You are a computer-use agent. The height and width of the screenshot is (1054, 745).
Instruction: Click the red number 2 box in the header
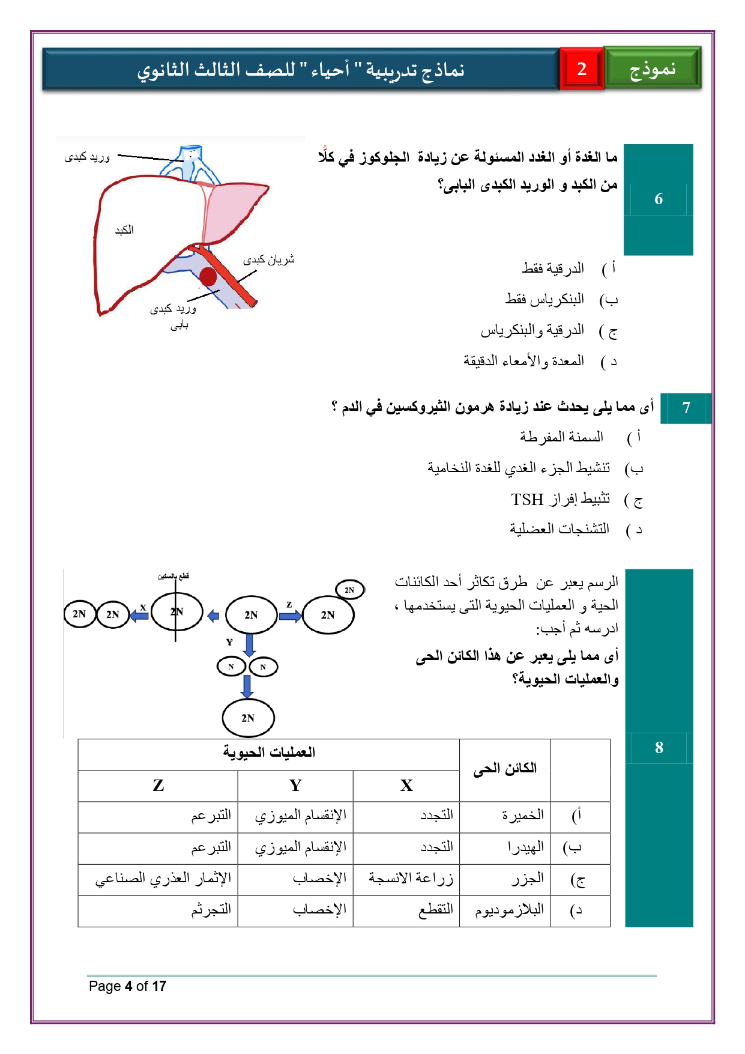581,69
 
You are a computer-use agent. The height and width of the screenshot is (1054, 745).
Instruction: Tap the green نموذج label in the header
653,69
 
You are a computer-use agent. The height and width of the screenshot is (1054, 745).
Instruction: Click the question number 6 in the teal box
659,199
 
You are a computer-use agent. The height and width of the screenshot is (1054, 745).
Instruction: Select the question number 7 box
686,408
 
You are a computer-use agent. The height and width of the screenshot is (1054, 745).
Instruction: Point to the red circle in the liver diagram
208,277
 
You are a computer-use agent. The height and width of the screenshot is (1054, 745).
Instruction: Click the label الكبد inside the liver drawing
124,230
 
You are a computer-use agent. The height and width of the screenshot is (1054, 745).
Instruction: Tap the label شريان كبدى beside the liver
269,259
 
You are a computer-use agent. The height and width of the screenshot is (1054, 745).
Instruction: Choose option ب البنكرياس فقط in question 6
544,299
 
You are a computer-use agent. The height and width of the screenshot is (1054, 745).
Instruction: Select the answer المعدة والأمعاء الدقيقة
523,361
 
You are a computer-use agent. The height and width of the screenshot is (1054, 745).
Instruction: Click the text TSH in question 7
527,499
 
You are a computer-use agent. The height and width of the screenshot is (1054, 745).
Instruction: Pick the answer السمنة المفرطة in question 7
561,437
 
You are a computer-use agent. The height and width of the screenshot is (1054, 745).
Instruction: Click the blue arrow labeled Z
290,616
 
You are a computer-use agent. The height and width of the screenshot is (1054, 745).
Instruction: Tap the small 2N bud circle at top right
349,590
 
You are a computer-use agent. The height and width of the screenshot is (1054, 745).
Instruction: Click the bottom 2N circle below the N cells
248,718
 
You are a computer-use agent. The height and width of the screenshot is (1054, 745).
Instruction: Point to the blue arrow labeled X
140,616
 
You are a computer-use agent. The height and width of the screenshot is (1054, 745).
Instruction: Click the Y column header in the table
295,786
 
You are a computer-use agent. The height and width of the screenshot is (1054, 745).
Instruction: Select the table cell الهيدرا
526,847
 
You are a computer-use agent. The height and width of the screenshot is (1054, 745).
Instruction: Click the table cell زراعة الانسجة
411,879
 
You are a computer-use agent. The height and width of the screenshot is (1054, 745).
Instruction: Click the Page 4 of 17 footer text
127,986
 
